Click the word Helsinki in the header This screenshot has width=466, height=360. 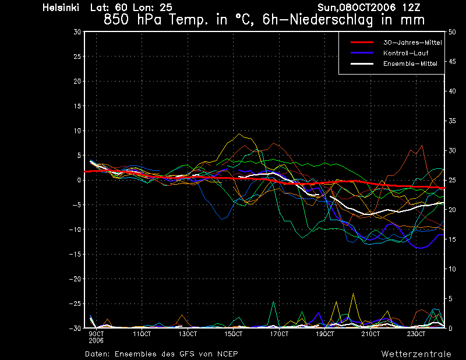(x=61, y=8)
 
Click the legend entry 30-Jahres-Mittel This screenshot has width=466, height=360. (x=412, y=43)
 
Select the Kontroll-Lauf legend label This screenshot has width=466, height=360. (x=405, y=53)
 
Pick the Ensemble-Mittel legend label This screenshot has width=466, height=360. (x=410, y=63)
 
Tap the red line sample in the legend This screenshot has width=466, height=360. (x=362, y=43)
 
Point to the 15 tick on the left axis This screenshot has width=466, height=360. (x=77, y=106)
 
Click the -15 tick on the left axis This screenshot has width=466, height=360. (x=75, y=254)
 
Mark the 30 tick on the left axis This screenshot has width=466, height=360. (x=77, y=31)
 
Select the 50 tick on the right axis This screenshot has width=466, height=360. (x=452, y=32)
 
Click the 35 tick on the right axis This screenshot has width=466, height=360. (x=452, y=121)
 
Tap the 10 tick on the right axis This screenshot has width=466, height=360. (x=452, y=269)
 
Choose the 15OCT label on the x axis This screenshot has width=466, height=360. (x=234, y=334)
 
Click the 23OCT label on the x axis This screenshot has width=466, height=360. (x=416, y=334)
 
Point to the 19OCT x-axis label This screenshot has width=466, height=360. (x=325, y=334)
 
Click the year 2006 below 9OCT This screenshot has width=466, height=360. (x=96, y=341)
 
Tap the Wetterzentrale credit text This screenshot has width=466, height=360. (x=416, y=354)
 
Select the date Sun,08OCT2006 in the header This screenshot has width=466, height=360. (x=356, y=8)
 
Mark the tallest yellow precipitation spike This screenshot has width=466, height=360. (x=354, y=294)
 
